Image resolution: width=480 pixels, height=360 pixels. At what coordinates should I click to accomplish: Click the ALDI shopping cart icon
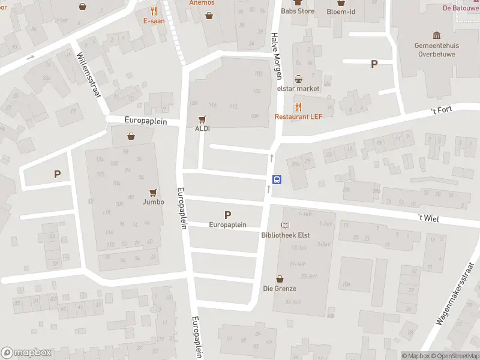[x=202, y=119]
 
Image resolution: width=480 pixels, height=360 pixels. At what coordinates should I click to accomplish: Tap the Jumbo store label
[x=154, y=202]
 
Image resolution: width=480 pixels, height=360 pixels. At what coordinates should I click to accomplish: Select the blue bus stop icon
[x=277, y=179]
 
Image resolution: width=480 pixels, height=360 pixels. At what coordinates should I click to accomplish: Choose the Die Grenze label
[x=280, y=288]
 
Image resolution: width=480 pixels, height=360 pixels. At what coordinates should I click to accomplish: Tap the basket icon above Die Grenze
[x=280, y=279]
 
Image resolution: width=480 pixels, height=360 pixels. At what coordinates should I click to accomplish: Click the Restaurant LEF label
[x=299, y=116]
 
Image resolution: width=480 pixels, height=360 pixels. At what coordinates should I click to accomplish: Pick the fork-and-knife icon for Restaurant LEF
[x=299, y=106]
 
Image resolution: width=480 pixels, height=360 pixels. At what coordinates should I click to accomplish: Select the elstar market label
[x=298, y=88]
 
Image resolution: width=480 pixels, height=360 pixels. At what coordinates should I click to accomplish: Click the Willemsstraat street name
[x=89, y=70]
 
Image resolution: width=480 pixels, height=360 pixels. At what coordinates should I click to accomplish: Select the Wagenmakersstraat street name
[x=455, y=293]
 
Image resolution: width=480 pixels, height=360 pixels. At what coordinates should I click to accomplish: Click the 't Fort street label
[x=442, y=110]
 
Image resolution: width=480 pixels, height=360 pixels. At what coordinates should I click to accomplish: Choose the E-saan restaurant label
[x=154, y=20]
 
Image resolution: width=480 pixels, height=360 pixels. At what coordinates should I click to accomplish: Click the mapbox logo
[x=26, y=353]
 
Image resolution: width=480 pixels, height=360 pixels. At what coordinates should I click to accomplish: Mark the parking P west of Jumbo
[x=57, y=175]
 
